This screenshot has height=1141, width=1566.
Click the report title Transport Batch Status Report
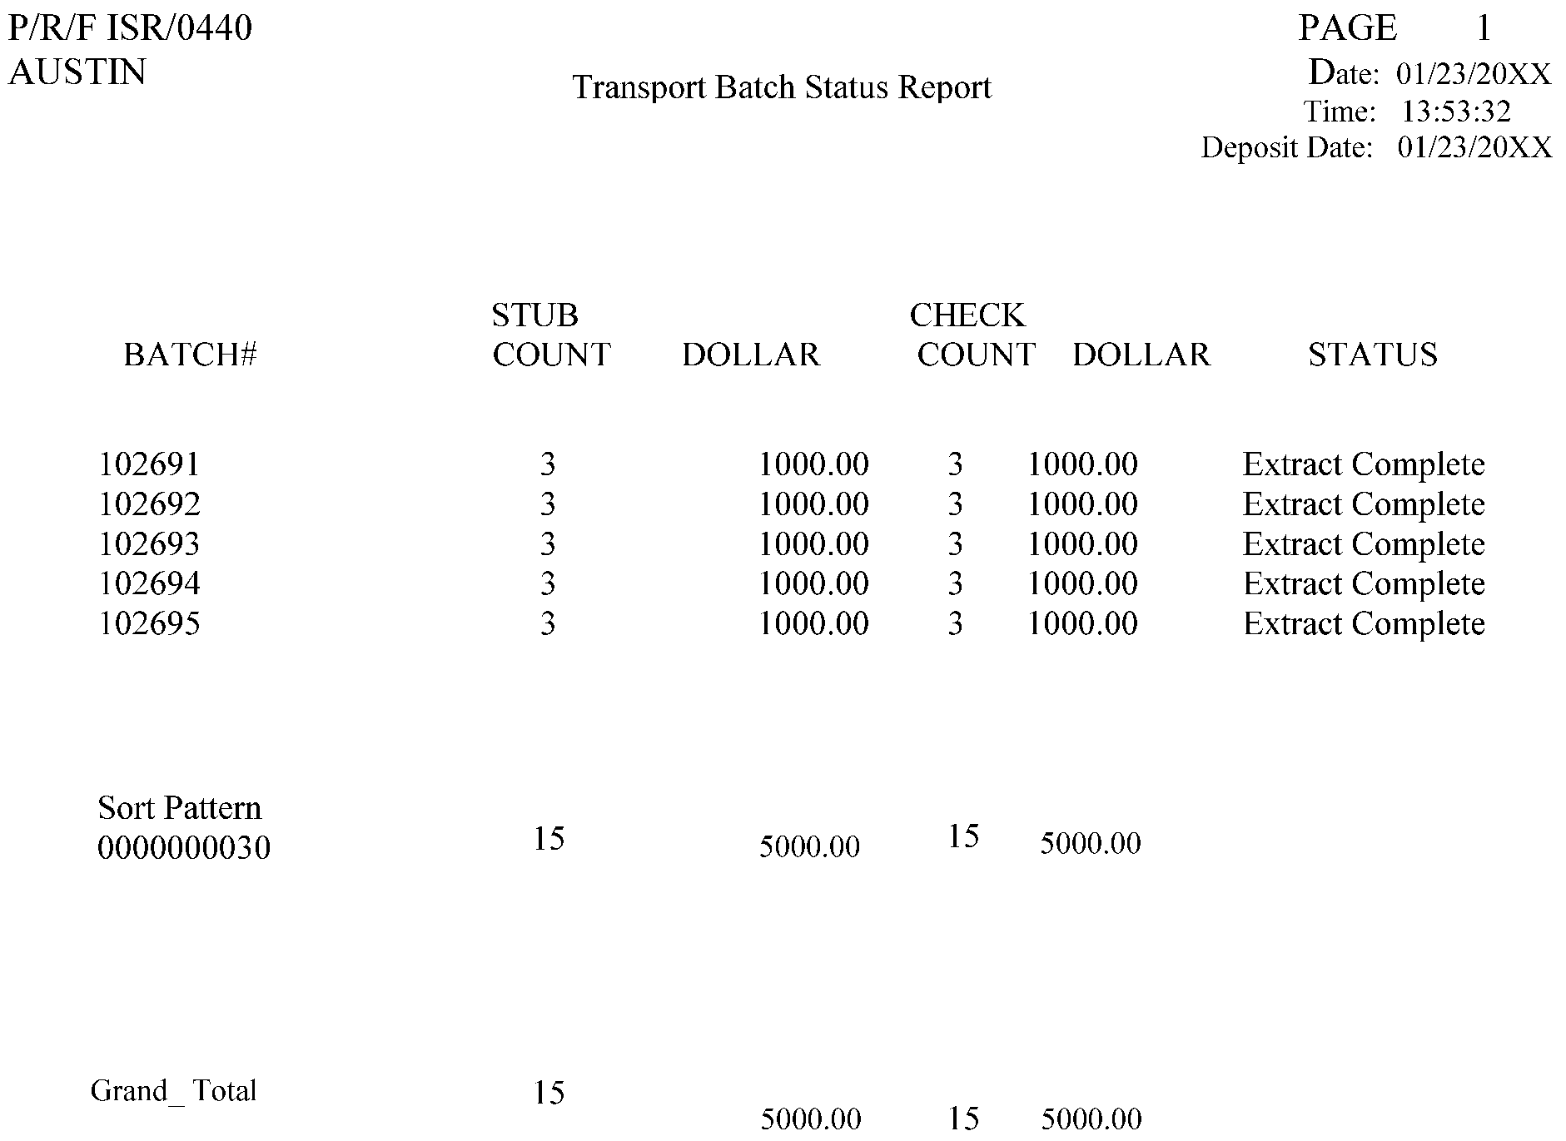782,87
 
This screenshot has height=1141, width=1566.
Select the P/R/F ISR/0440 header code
130,28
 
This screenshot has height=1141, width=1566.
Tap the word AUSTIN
77,72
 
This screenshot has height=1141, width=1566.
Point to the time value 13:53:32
1456,112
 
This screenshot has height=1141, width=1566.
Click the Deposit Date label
1286,148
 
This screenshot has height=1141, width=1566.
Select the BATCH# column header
191,355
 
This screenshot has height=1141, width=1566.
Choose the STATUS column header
1373,355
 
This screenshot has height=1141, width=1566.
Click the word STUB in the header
534,315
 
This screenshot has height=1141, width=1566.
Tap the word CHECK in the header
967,315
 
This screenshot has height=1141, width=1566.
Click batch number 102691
150,464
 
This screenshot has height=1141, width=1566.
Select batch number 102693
150,544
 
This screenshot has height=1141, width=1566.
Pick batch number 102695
150,624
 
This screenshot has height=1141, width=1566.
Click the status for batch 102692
1364,504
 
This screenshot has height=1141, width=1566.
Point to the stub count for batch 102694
547,584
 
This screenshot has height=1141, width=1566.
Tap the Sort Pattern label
179,808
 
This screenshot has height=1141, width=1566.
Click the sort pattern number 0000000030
184,848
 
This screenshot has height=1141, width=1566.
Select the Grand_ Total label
173,1090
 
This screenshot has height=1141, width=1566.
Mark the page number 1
1484,29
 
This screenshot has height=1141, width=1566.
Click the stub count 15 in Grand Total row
549,1093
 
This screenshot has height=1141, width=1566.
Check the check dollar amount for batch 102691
1082,464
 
